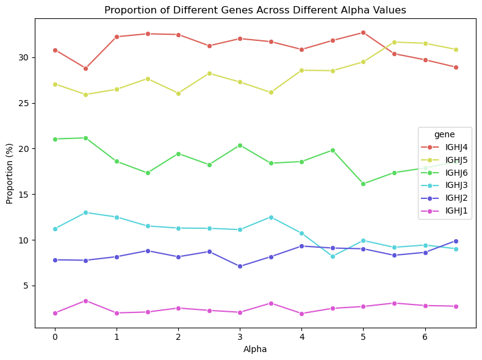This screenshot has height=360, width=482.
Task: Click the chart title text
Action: click(x=255, y=10)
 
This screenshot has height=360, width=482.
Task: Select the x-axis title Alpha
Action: click(x=255, y=350)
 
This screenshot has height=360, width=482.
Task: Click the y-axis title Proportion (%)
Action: click(x=10, y=173)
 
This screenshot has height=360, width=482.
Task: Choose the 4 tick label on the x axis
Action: click(x=301, y=337)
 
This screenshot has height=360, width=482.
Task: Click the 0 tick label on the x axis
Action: click(x=55, y=337)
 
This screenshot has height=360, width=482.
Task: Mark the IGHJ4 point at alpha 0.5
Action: click(x=85, y=68)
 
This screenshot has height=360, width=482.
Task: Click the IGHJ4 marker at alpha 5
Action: click(x=363, y=32)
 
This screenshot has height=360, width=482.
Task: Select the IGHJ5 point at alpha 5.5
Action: click(x=394, y=42)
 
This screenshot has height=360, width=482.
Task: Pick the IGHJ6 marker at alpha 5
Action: click(x=363, y=184)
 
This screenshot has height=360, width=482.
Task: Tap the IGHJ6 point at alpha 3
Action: click(x=240, y=145)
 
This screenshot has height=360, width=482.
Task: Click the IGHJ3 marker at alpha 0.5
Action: click(x=85, y=212)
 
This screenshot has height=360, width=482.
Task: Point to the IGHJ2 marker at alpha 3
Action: click(x=240, y=266)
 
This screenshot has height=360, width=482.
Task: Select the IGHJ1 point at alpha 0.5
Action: click(x=85, y=301)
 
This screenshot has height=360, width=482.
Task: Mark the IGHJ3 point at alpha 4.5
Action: click(x=333, y=256)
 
